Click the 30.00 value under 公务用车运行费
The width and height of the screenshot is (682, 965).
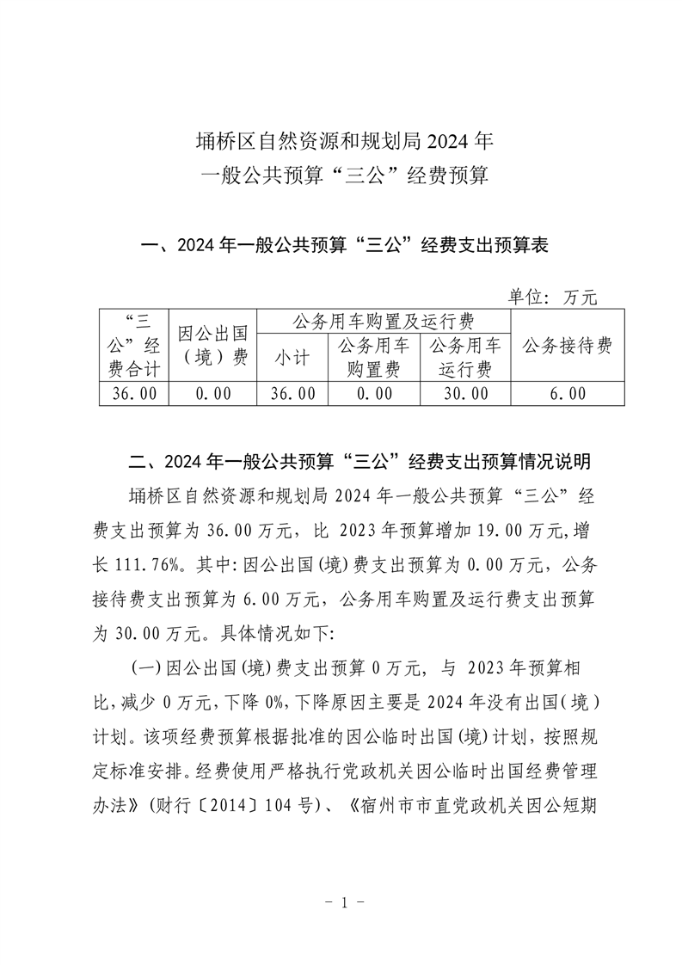(464, 393)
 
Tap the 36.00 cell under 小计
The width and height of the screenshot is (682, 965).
(292, 393)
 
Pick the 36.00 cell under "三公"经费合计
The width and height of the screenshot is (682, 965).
(134, 393)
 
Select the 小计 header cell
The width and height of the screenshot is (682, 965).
(292, 359)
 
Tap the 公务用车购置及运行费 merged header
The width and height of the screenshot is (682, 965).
(383, 322)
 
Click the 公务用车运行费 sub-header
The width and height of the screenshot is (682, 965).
(464, 359)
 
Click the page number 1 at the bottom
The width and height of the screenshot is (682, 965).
(341, 903)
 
